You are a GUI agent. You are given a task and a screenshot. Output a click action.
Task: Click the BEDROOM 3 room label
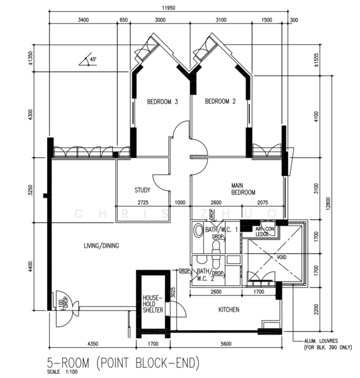[162, 101]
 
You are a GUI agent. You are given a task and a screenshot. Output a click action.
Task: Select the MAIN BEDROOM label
[242, 188]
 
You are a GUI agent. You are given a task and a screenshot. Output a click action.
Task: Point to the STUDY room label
[143, 190]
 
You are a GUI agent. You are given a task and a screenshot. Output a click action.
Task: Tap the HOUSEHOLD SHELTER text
[153, 304]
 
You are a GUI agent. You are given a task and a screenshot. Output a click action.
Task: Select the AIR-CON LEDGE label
[264, 231]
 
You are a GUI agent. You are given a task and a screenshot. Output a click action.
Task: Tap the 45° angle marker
[92, 60]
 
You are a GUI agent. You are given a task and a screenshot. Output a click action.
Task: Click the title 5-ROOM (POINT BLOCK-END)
[123, 363]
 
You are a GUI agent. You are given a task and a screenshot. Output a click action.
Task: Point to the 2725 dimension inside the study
[142, 202]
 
